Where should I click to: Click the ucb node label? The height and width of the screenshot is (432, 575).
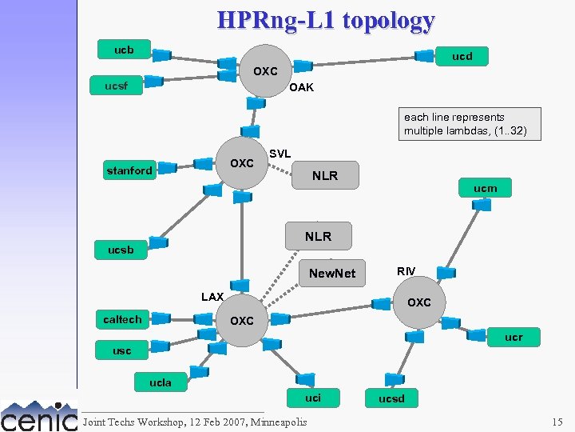(x=124, y=50)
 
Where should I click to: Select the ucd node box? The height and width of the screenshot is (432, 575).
(x=462, y=56)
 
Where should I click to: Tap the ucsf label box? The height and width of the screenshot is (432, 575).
(x=117, y=84)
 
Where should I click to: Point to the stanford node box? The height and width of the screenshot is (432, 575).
(x=129, y=170)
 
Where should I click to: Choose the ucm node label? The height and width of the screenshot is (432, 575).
(x=485, y=189)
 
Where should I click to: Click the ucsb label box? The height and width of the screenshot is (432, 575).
(x=121, y=250)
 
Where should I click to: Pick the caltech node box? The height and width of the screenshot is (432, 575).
(x=122, y=319)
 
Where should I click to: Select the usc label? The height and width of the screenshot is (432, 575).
(x=122, y=350)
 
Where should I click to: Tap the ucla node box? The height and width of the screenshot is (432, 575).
(x=161, y=382)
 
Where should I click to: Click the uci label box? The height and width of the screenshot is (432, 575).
(x=313, y=398)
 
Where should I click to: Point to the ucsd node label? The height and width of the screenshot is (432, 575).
(x=391, y=398)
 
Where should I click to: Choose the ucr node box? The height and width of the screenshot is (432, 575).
(x=514, y=338)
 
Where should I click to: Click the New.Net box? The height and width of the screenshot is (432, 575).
(x=332, y=273)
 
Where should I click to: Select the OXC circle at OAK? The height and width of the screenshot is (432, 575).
(x=265, y=72)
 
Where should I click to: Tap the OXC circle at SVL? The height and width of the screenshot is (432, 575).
(x=242, y=164)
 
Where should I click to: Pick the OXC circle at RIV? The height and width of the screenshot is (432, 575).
(x=419, y=302)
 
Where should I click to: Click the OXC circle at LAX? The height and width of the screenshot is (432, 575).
(x=241, y=321)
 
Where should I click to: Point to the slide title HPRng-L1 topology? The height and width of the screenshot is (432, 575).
(x=327, y=20)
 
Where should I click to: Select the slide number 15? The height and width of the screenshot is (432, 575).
(x=557, y=422)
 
